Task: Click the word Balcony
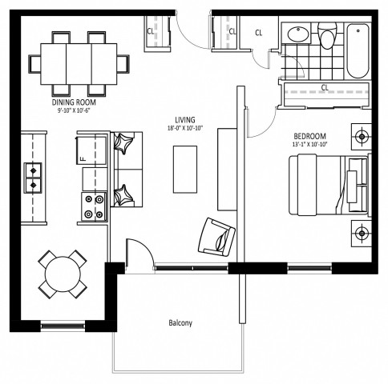(180, 324)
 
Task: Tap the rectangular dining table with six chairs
(78, 62)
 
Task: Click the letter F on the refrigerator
(83, 159)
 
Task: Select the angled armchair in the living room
(217, 234)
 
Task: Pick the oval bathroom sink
(297, 34)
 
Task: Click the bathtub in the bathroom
(358, 50)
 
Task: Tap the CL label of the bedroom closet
(325, 87)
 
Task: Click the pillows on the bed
(355, 183)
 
